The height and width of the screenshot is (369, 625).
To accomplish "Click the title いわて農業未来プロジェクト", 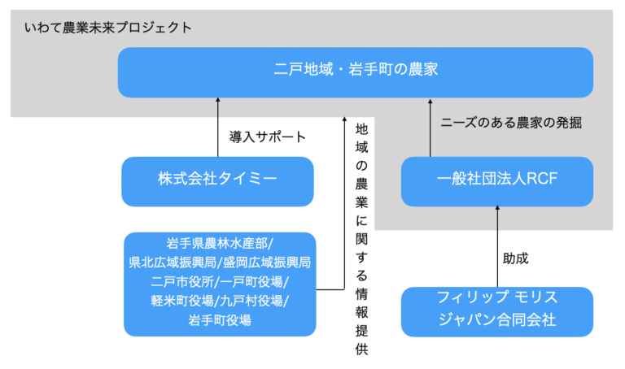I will pos(107,28).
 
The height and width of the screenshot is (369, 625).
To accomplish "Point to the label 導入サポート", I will pos(268,137).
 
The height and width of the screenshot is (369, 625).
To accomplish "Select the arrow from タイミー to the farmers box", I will pos(217,127).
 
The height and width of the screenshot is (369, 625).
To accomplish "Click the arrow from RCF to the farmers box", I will pos(431,127).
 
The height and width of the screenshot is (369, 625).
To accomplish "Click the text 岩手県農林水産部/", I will pos(218,245).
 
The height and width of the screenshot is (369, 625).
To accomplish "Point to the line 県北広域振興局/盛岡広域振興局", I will pos(218,263).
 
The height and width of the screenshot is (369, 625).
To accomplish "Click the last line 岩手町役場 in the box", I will pos(218,320).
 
